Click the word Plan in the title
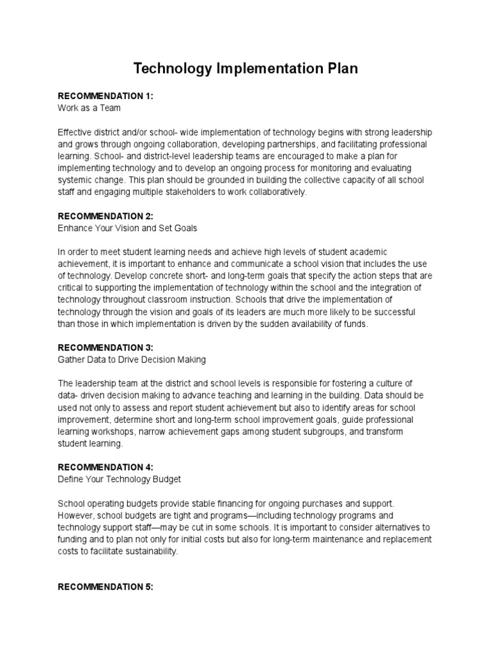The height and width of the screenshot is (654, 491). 338,69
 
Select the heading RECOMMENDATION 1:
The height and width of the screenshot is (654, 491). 105,96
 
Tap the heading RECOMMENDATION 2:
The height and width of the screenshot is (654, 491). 105,217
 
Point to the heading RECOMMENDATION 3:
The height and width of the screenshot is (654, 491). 105,348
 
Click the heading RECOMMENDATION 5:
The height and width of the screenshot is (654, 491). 105,587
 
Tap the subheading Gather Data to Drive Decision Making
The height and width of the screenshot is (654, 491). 132,360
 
